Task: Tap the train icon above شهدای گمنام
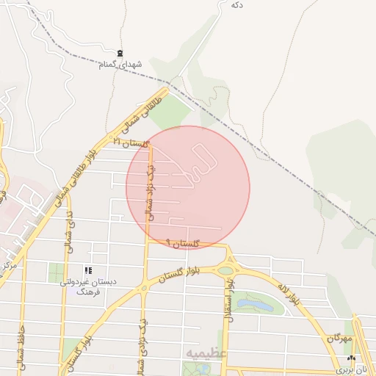coord(120,52)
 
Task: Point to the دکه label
coord(236,4)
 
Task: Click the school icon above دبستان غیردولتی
coord(89,270)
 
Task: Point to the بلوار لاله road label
coord(289,290)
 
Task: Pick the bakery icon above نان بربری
coord(350,358)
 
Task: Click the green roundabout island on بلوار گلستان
coord(225,271)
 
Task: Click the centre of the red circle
coord(188,187)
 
